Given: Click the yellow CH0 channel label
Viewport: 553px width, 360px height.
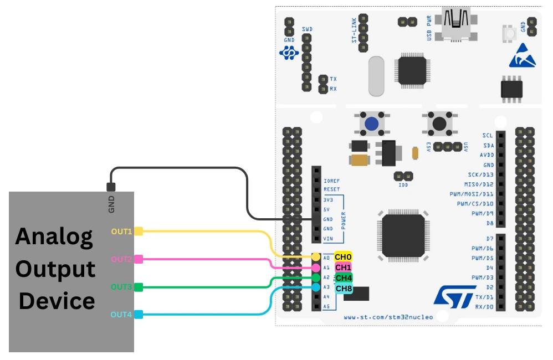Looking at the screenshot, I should pos(344,257).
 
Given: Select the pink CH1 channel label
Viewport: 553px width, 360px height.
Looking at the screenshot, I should pos(344,267).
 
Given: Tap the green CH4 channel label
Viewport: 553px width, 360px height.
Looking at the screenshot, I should pos(344,277).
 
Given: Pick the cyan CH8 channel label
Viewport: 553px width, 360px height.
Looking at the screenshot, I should pos(344,288).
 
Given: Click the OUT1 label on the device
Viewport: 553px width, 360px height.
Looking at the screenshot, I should pos(121,232).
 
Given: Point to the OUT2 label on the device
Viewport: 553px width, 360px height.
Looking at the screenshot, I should pos(121,259).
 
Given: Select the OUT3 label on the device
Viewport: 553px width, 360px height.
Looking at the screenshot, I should pos(121,287).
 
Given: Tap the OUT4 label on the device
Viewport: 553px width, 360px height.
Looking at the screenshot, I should pos(121,315).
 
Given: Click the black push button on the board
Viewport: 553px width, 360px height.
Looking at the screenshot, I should pos(439,123).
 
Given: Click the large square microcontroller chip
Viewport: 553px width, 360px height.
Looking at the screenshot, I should pos(403,235).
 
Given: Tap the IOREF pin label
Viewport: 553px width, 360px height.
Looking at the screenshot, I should pos(331,180).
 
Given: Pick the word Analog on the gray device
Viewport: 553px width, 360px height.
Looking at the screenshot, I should pos(54,236).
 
